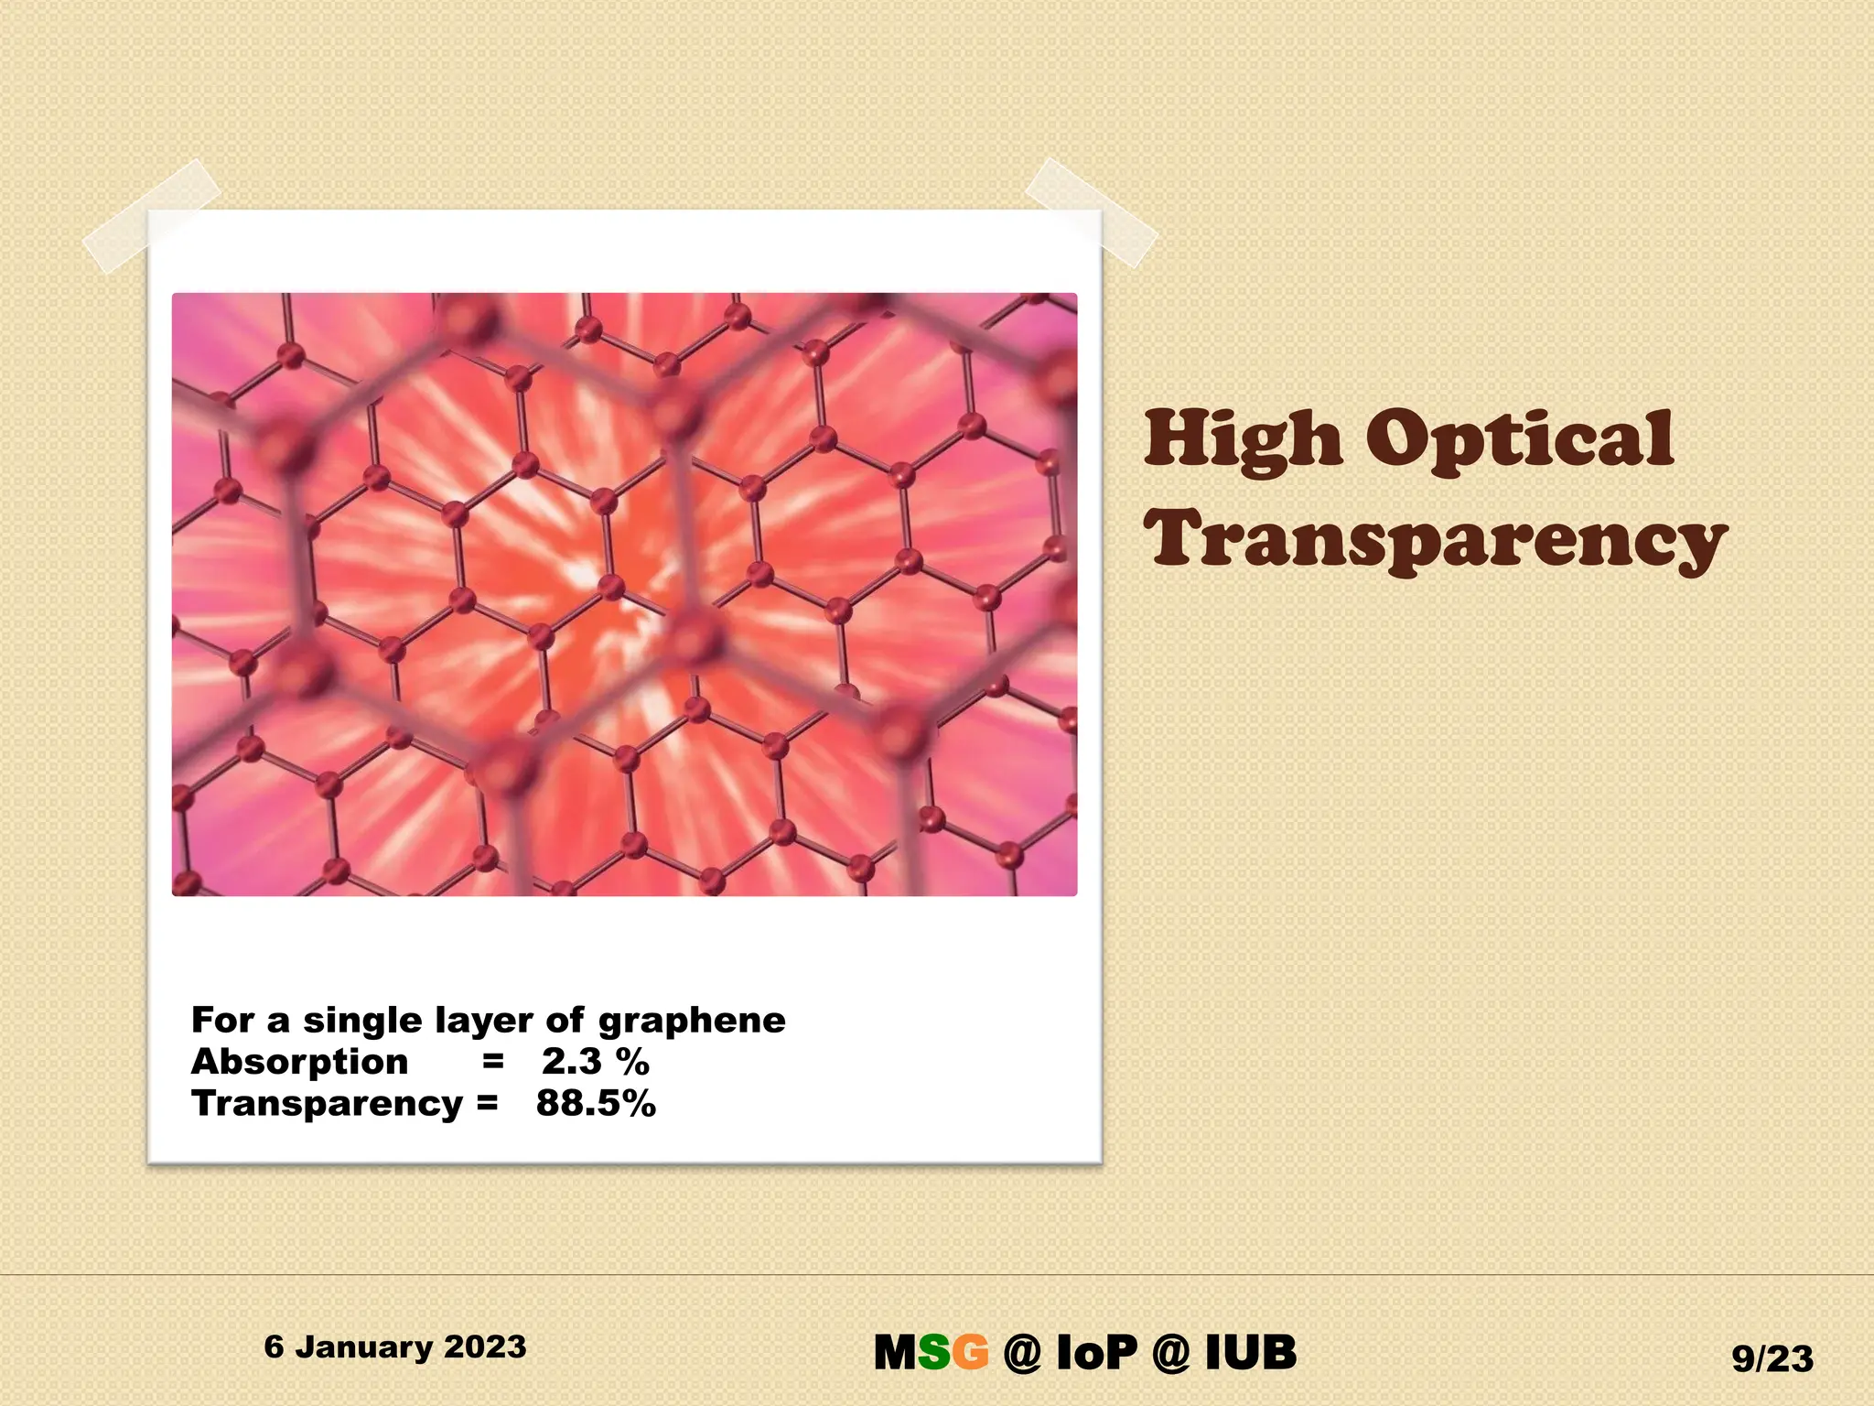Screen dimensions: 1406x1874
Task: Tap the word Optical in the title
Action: (x=1520, y=441)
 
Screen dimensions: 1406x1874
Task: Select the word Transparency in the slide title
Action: (x=1435, y=540)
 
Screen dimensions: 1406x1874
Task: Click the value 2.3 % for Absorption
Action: (x=595, y=1062)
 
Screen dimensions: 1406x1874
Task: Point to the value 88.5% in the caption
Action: (x=596, y=1103)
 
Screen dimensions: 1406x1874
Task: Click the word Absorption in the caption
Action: (x=299, y=1062)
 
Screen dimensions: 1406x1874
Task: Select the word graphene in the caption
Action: (x=692, y=1021)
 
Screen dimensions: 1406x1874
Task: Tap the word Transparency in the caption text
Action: (x=327, y=1104)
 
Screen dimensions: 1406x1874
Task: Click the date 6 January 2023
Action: (x=395, y=1347)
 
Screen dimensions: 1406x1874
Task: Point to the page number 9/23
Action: (x=1772, y=1359)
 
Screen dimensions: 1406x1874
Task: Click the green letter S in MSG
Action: (x=933, y=1353)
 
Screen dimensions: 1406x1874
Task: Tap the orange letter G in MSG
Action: (x=970, y=1353)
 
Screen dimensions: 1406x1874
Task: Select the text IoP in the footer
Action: (x=1096, y=1353)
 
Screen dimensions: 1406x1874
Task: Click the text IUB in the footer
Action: (x=1251, y=1353)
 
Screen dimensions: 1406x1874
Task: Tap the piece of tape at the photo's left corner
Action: (x=152, y=215)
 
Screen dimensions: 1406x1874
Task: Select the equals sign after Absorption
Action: (x=493, y=1062)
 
